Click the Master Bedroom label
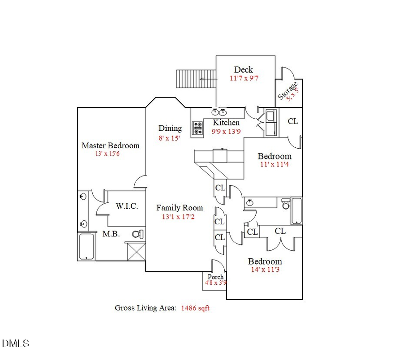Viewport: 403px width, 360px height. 110,146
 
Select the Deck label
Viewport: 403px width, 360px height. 244,70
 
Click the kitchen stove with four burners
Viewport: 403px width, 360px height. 197,129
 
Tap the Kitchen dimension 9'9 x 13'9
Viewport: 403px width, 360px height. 226,132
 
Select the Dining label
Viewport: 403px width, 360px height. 170,129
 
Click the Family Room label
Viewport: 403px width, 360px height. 179,208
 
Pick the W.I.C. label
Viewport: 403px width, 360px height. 127,206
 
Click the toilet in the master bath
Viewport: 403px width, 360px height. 138,234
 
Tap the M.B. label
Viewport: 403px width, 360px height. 111,234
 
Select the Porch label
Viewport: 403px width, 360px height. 215,277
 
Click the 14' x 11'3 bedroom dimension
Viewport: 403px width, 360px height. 265,270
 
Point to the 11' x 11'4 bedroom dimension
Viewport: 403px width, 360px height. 274,164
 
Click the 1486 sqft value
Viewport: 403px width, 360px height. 195,308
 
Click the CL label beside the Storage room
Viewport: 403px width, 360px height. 292,121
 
